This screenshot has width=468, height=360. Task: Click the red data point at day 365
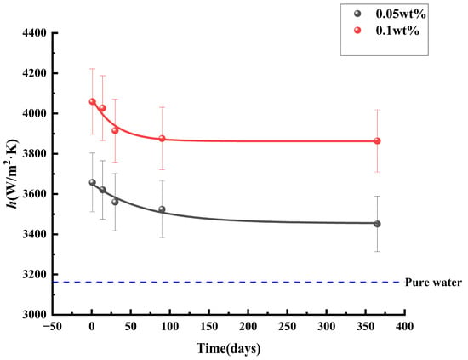(377, 141)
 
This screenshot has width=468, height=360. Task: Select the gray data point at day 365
(377, 224)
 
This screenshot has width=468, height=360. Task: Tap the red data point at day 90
(162, 139)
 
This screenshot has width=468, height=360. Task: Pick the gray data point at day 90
(162, 209)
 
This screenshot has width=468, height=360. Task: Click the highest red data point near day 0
(93, 101)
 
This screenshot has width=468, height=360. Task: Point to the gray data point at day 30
(115, 202)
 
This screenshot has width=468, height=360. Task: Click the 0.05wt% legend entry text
(401, 14)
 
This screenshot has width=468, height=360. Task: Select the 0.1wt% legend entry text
(397, 31)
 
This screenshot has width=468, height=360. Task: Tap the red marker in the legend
(357, 31)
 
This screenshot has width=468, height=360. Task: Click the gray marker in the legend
(357, 14)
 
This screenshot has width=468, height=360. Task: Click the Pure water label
(433, 282)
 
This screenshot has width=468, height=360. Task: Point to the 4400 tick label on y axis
(34, 33)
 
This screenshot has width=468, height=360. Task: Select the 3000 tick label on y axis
(34, 315)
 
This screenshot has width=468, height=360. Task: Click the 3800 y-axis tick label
(34, 154)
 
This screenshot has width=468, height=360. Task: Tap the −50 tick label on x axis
(53, 326)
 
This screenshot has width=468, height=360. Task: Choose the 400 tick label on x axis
(405, 326)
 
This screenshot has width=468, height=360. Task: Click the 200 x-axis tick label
(248, 326)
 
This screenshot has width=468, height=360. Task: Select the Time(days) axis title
(229, 348)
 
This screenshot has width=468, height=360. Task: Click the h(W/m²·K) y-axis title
(13, 174)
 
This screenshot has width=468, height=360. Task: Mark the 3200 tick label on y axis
(34, 274)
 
